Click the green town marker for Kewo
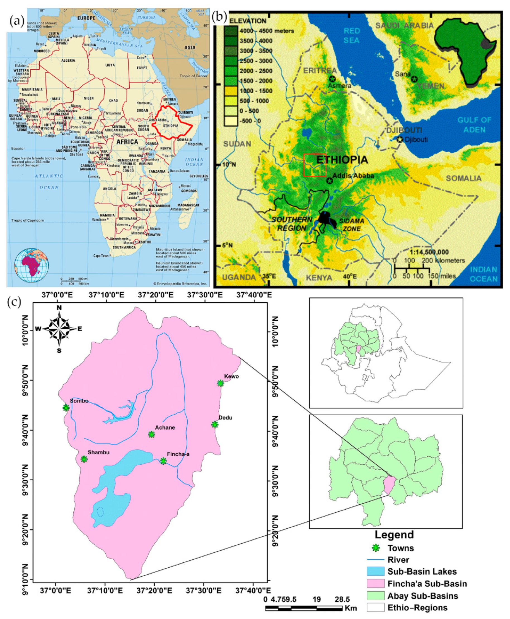coord(220,383)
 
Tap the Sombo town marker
coord(66,408)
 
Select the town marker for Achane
coord(151,434)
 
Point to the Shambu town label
coord(98,452)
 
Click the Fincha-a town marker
coord(163,461)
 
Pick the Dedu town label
coord(225,418)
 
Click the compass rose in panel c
coord(59,329)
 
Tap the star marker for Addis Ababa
coord(329,181)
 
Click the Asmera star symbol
coord(332,79)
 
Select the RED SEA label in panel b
coord(351,35)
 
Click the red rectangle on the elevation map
coord(315,165)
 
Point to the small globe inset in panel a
coord(32,265)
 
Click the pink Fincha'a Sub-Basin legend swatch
coord(375,584)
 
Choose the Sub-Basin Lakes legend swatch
coord(375,571)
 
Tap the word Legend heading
coord(394,535)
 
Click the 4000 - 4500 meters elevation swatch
coord(231,31)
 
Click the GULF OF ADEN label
coord(474,125)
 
